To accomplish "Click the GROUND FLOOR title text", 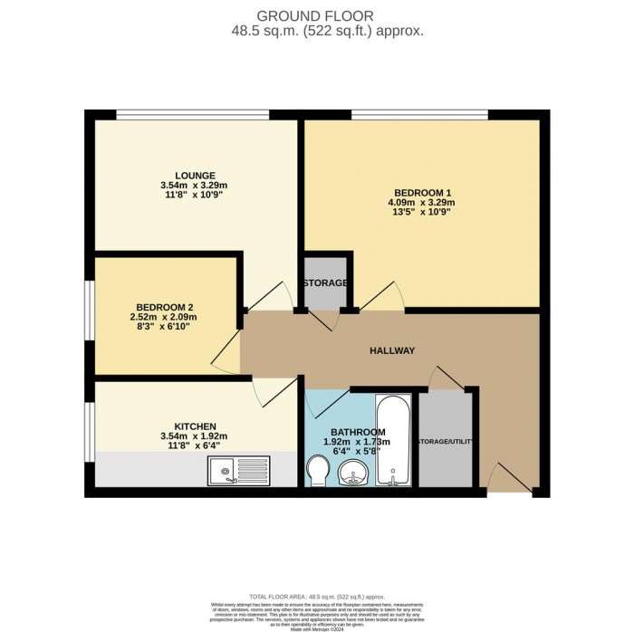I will (316, 15).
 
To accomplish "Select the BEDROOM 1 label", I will (422, 192).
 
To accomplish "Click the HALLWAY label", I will (392, 350).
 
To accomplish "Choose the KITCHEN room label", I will (195, 426).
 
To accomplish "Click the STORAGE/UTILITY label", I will (446, 442).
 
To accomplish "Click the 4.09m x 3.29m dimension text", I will (423, 203).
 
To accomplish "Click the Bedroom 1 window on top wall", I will (419, 114).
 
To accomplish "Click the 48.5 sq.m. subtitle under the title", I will (316, 30).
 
